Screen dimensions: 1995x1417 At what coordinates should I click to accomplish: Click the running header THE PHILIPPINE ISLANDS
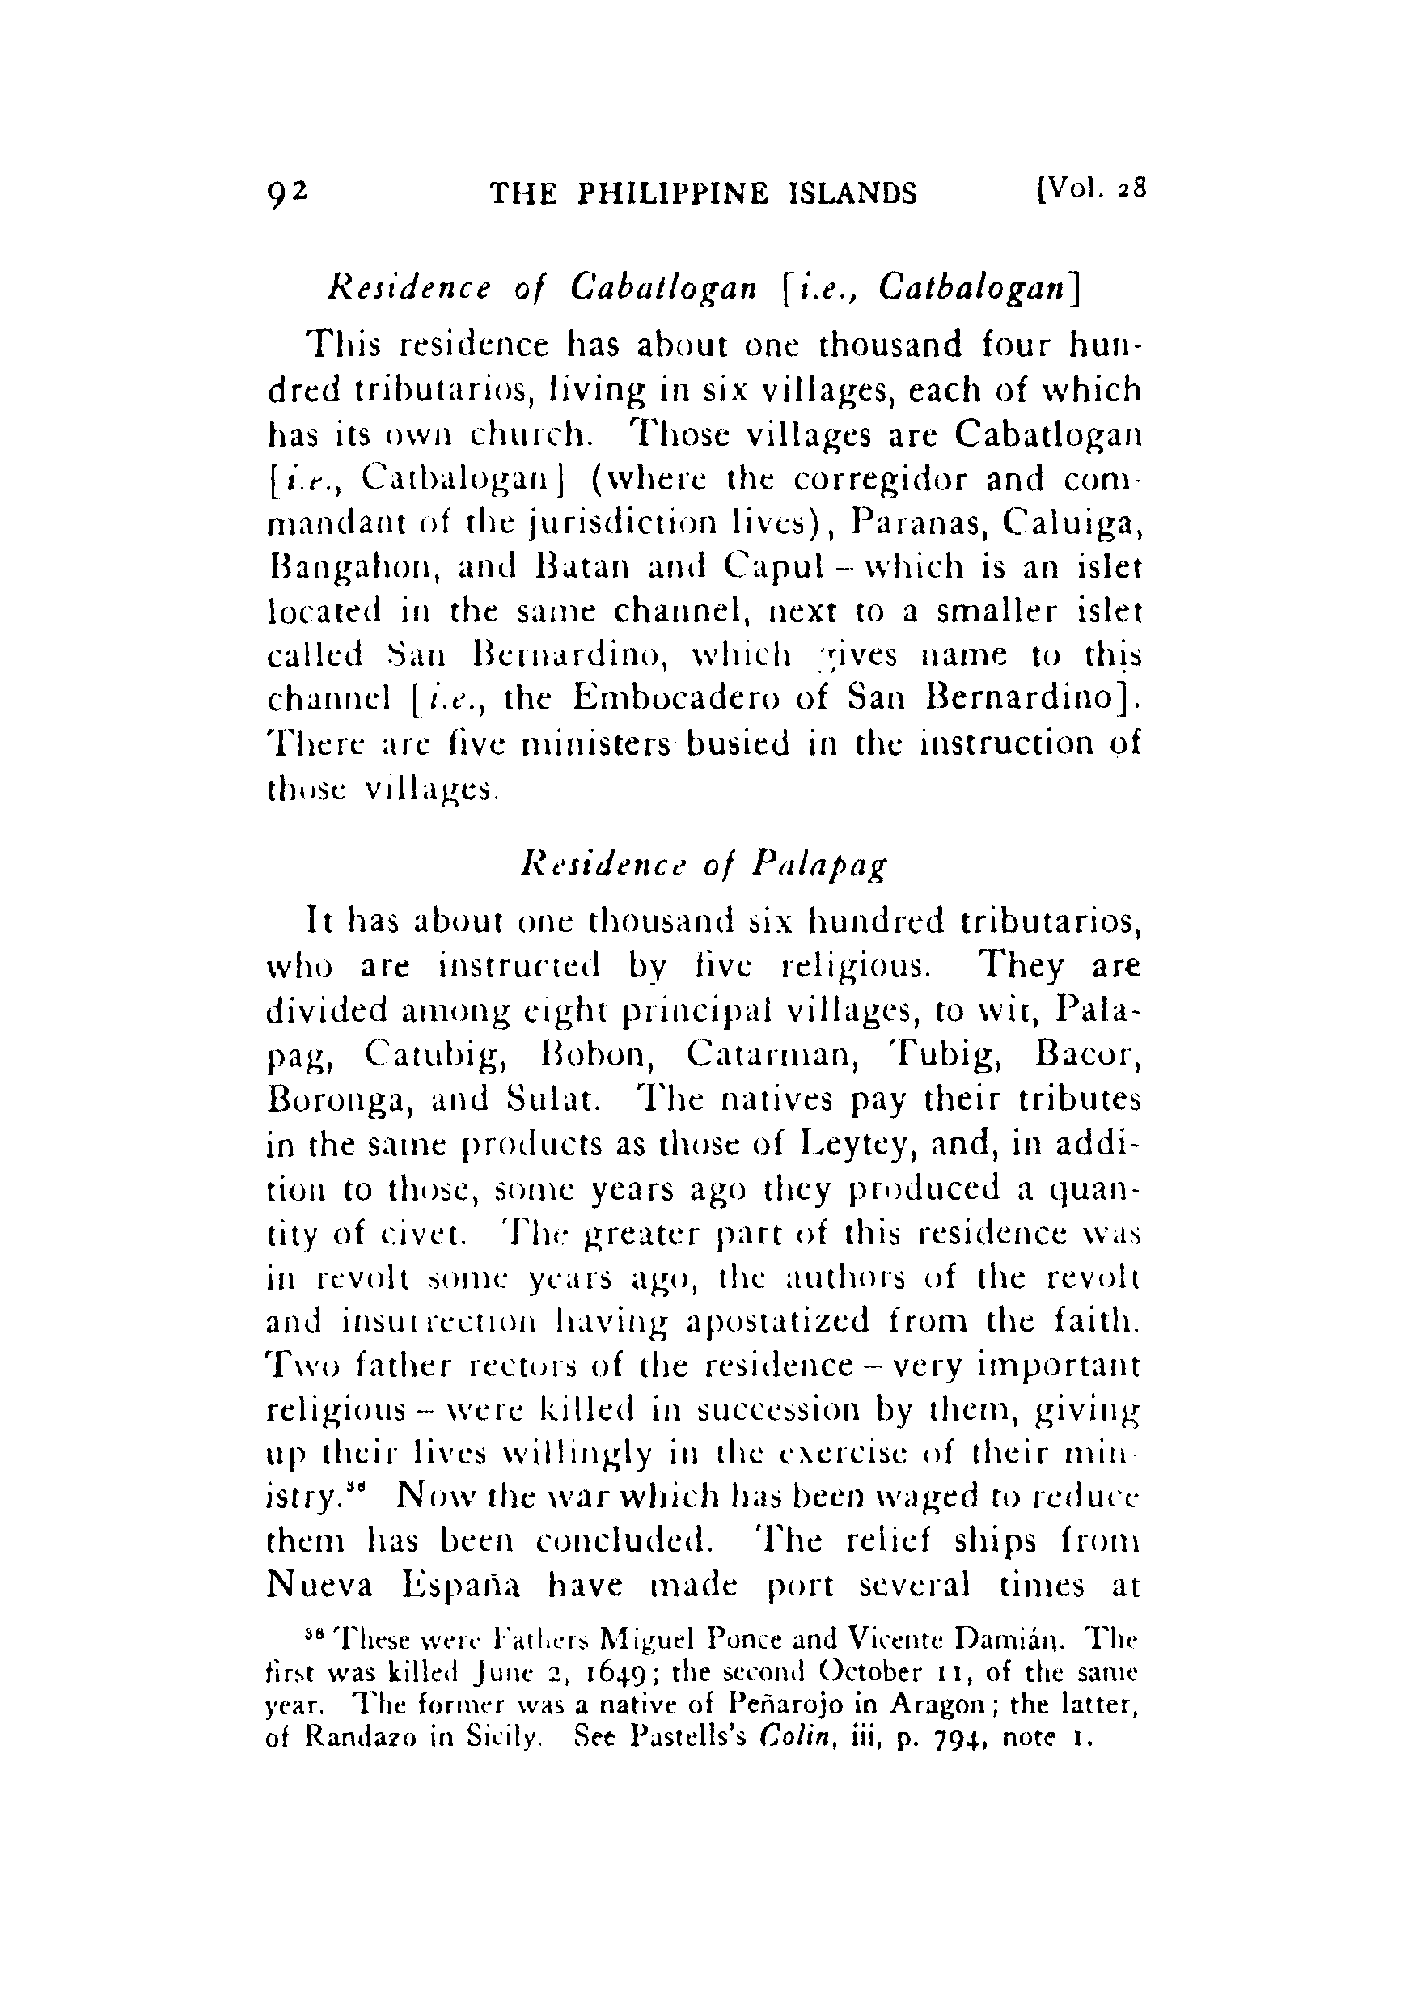coord(704,193)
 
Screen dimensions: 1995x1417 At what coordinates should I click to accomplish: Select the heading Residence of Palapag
coord(704,866)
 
